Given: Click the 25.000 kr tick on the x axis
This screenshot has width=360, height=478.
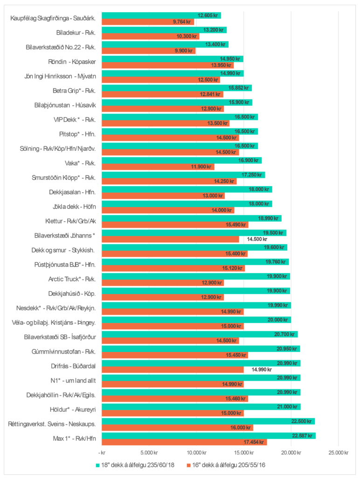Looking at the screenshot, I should pyautogui.click(x=339, y=452).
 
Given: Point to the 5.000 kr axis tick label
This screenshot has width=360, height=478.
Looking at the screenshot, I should pyautogui.click(x=148, y=452).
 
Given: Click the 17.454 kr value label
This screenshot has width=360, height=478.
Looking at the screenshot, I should pyautogui.click(x=253, y=442).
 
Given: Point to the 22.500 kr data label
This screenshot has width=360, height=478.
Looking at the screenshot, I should pyautogui.click(x=301, y=421).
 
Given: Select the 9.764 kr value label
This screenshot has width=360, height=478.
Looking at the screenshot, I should pyautogui.click(x=181, y=22).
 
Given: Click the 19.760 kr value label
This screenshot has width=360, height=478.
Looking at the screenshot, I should pyautogui.click(x=275, y=262).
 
